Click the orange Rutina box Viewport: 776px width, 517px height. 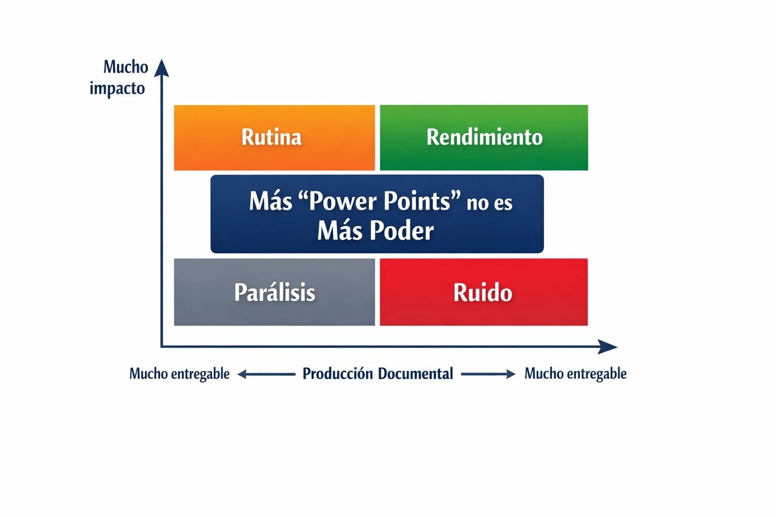tap(274, 137)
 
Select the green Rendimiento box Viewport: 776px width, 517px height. tap(483, 137)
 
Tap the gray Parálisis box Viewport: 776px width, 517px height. tap(274, 292)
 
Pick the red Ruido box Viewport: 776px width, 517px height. tap(483, 292)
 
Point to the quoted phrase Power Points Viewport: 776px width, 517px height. tap(379, 201)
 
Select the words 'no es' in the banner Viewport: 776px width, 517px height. tap(489, 202)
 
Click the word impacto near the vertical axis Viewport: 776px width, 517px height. tap(117, 89)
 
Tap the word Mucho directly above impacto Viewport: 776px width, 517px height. tap(126, 67)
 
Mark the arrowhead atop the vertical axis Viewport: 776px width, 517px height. tap(162, 68)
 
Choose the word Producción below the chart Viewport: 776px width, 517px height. tap(337, 374)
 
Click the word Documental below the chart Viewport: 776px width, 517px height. tap(415, 374)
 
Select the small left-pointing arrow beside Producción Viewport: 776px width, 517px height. tap(266, 374)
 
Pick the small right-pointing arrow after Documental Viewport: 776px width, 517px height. tap(488, 374)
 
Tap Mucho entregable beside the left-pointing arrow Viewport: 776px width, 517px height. tap(179, 374)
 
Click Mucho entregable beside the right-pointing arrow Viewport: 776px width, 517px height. tap(575, 374)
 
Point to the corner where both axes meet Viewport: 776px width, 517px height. tap(162, 347)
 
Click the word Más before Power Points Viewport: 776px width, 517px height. tap(270, 201)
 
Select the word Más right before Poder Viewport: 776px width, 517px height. tap(340, 231)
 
